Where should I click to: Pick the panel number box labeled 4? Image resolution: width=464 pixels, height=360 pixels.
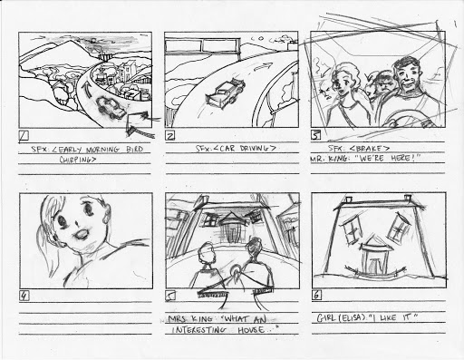[23, 296]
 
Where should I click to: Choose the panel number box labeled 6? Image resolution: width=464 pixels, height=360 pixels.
[315, 296]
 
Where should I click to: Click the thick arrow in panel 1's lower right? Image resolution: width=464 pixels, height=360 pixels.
[139, 115]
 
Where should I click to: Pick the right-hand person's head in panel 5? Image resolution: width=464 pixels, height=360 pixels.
[253, 250]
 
